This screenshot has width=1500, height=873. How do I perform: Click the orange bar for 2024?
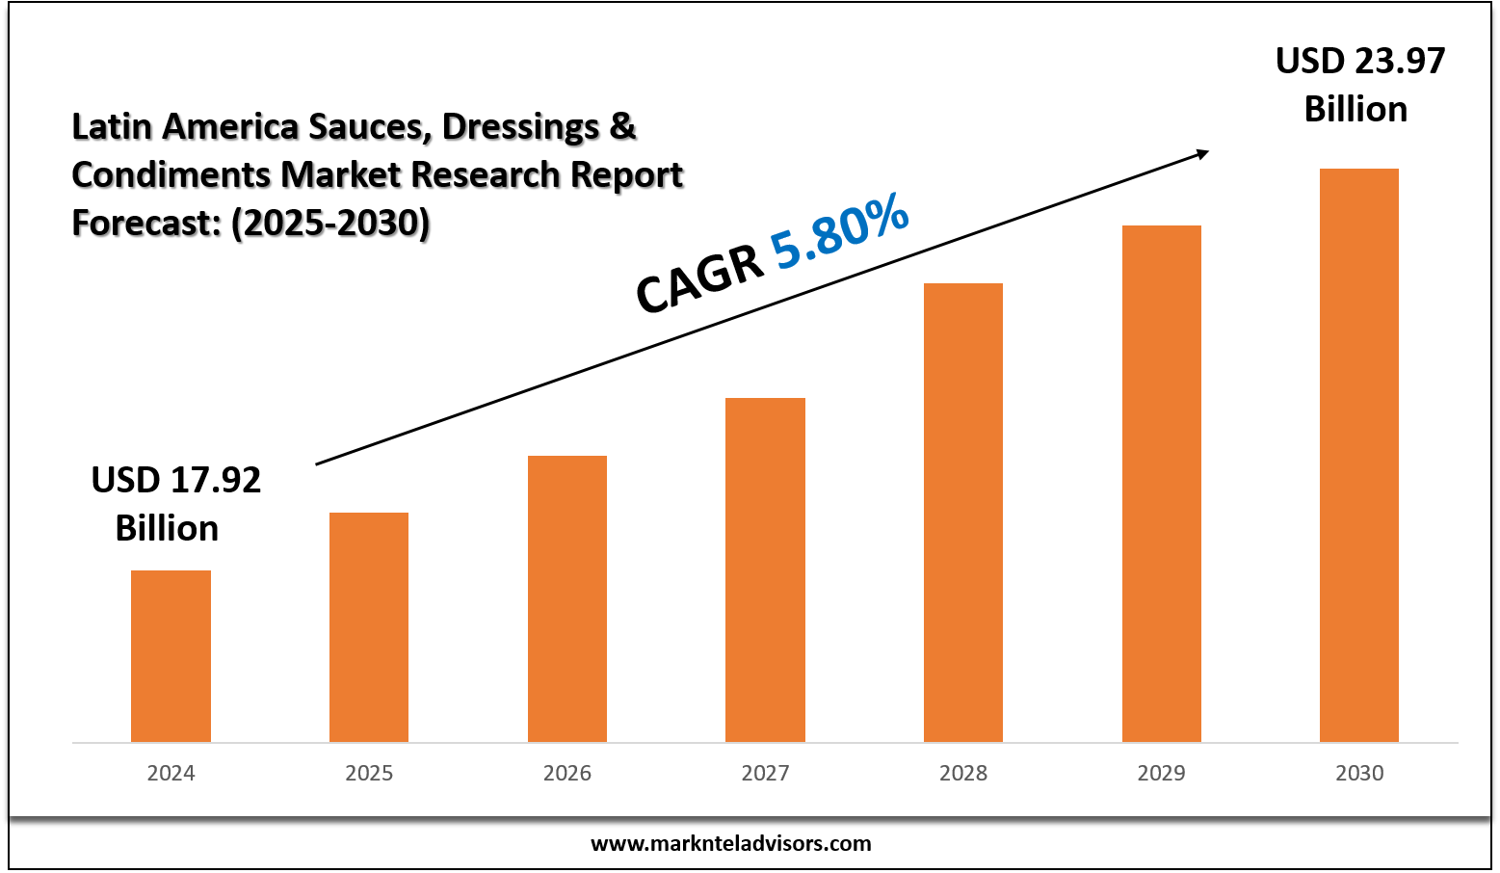pyautogui.click(x=171, y=656)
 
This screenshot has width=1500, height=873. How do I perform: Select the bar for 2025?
pyautogui.click(x=369, y=627)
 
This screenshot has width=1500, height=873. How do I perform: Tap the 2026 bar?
pyautogui.click(x=567, y=598)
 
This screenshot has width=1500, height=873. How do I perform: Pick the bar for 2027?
pyautogui.click(x=765, y=569)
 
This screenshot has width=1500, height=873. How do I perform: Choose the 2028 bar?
pyautogui.click(x=963, y=513)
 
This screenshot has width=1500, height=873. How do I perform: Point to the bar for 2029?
pyautogui.click(x=1162, y=484)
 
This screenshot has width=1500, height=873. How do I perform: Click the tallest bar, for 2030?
pyautogui.click(x=1359, y=455)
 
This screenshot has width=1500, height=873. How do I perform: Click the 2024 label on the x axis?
pyautogui.click(x=171, y=773)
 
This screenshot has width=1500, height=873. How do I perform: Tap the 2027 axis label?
pyautogui.click(x=765, y=773)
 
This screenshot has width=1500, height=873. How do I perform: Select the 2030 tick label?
pyautogui.click(x=1359, y=773)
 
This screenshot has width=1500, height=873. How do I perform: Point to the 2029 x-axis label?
pyautogui.click(x=1162, y=773)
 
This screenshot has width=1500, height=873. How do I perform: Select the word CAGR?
pyautogui.click(x=698, y=279)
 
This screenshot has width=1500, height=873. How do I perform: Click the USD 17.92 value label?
pyautogui.click(x=175, y=480)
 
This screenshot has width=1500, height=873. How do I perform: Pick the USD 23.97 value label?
pyautogui.click(x=1359, y=62)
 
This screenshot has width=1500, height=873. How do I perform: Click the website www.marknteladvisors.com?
pyautogui.click(x=730, y=844)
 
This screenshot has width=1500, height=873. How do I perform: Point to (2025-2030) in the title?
pyautogui.click(x=330, y=223)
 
